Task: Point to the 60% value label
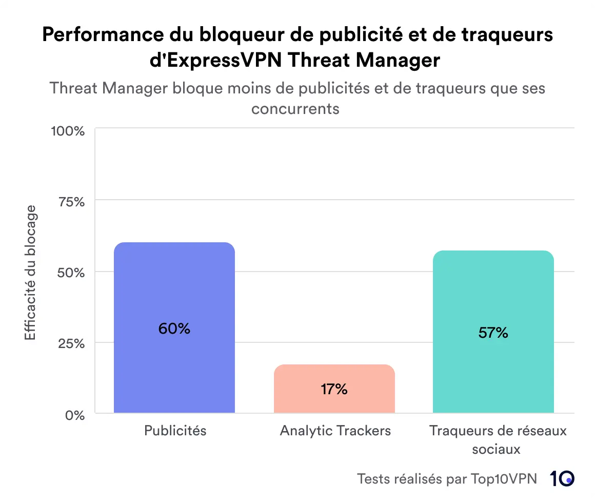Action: (174, 329)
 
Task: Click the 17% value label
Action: (334, 389)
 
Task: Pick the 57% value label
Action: (493, 333)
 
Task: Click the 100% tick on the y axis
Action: (68, 130)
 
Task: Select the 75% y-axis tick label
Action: (71, 201)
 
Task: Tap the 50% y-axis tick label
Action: (71, 272)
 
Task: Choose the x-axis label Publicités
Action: (175, 430)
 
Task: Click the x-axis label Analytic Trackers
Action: (335, 430)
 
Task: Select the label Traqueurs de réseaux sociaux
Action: (498, 439)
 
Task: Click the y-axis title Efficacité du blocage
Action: (31, 272)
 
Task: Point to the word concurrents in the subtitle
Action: (295, 109)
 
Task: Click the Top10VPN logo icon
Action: (562, 478)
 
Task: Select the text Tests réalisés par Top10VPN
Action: (446, 479)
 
